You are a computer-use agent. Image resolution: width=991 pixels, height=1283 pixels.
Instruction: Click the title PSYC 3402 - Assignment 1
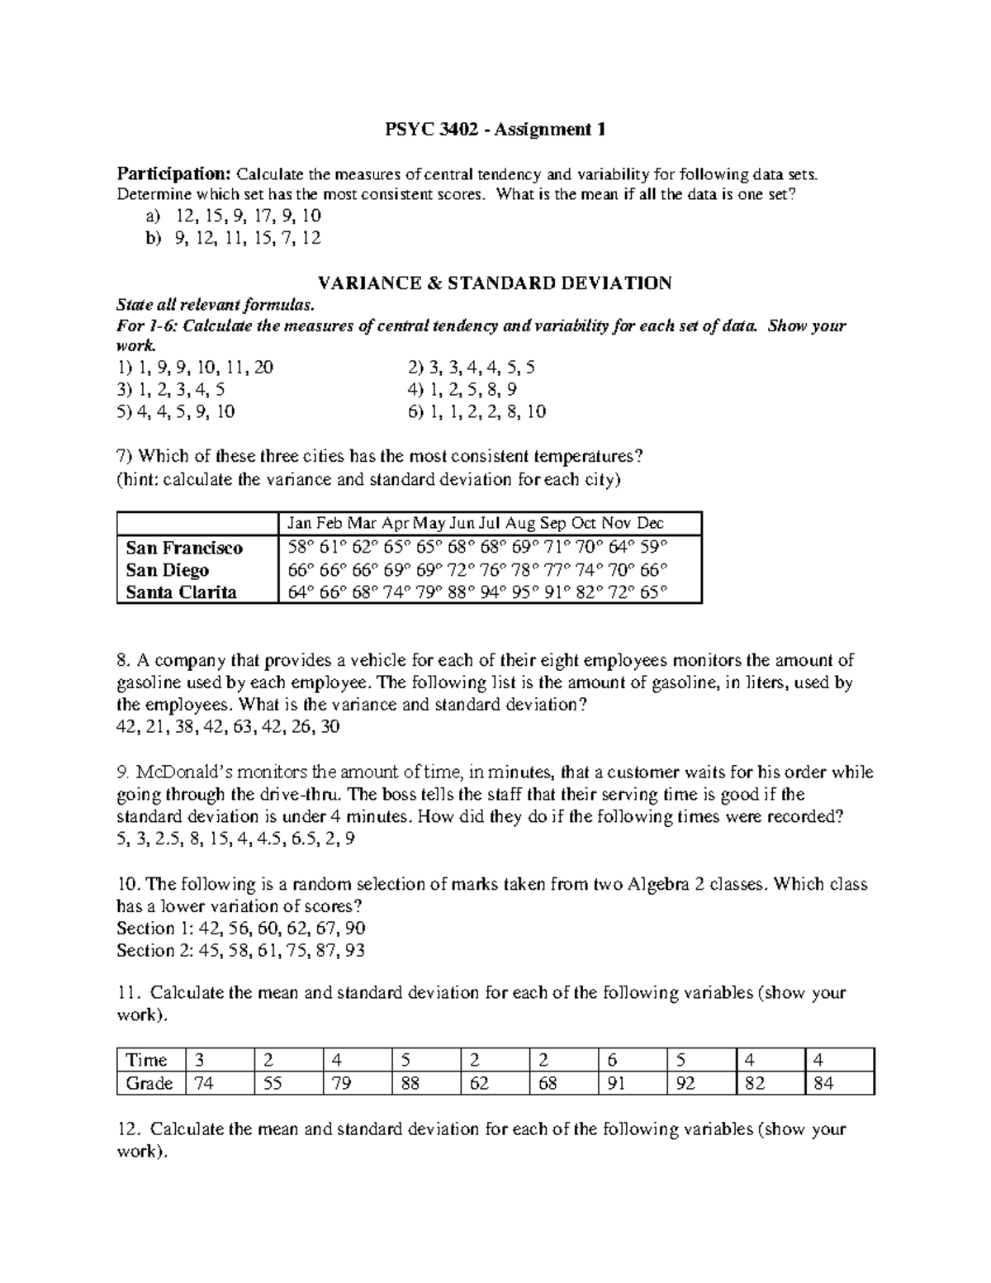[495, 129]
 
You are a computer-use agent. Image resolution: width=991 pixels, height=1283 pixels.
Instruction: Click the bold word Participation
[173, 173]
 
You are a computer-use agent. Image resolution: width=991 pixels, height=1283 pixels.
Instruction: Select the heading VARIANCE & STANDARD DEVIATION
[495, 283]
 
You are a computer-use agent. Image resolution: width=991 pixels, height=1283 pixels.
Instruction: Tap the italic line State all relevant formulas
[216, 304]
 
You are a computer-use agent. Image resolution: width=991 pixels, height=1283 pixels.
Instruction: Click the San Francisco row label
[184, 548]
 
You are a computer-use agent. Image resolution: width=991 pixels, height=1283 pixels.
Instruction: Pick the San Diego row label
[167, 570]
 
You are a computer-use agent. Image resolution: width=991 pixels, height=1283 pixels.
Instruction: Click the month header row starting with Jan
[475, 523]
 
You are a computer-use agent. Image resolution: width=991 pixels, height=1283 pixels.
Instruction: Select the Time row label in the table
[146, 1060]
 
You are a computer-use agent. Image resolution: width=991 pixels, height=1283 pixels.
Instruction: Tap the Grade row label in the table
[149, 1083]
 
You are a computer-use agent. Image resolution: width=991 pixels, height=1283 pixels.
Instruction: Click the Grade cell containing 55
[272, 1083]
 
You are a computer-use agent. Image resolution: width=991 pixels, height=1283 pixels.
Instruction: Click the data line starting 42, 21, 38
[229, 727]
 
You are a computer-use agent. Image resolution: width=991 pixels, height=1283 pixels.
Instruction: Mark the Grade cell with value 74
[203, 1083]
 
